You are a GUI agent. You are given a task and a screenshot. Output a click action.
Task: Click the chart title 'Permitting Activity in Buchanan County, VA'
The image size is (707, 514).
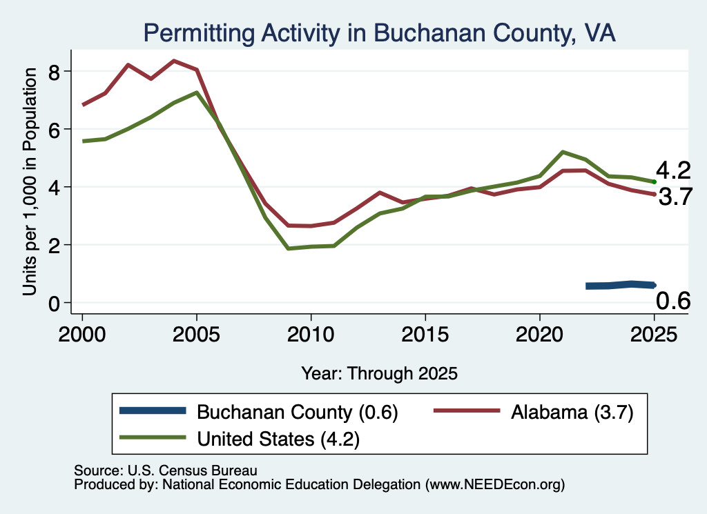[x=379, y=33]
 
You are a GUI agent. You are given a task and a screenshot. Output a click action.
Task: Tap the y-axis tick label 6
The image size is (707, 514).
[x=54, y=130]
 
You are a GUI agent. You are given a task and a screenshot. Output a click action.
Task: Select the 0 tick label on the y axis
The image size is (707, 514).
[x=54, y=304]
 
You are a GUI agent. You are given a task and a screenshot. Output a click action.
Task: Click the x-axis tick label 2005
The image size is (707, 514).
[x=196, y=335]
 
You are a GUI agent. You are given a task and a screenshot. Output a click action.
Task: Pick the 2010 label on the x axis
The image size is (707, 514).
[x=311, y=335]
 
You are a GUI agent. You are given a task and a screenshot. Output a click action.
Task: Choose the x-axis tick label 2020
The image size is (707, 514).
[x=540, y=335]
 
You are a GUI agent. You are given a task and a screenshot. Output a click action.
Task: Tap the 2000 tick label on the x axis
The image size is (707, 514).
[x=82, y=335]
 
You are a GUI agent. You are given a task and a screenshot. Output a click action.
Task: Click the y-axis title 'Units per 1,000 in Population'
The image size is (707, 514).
[x=30, y=181]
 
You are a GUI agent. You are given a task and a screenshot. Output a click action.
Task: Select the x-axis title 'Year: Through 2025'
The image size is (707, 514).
[x=379, y=373]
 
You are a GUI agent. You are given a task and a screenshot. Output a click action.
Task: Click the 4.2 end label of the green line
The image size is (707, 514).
[x=673, y=170]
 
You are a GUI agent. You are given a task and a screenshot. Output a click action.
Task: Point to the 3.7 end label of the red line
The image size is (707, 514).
[x=675, y=197]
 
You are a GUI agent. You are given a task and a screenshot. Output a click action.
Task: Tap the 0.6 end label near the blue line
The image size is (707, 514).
[x=673, y=301]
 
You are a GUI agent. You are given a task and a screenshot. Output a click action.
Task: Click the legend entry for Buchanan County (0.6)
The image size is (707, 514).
[x=259, y=412]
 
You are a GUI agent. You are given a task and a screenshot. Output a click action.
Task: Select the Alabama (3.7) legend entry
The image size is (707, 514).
[x=534, y=412]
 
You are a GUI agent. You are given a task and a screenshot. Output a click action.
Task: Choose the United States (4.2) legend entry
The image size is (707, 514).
[x=240, y=439]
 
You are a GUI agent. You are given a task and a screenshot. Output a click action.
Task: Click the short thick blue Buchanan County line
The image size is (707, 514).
[x=621, y=285]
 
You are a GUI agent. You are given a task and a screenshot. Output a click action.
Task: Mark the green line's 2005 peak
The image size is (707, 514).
[x=197, y=93]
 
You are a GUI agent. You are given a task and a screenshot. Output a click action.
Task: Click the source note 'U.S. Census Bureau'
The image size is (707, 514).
[x=193, y=471]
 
